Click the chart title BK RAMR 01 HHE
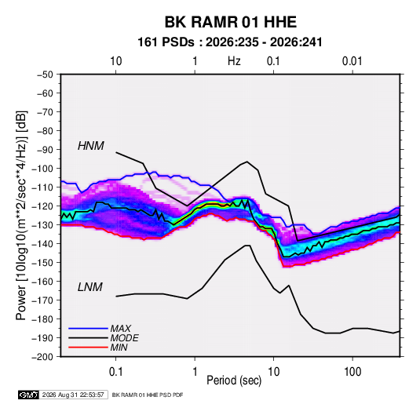click(230, 22)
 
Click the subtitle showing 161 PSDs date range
click(230, 42)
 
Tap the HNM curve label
click(91, 146)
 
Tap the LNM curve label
click(90, 287)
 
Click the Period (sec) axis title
click(234, 380)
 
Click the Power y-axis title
click(21, 216)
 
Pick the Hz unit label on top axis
click(234, 61)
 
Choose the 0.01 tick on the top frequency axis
click(352, 61)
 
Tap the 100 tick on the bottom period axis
click(352, 372)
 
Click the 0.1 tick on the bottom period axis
click(115, 372)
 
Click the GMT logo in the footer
click(29, 395)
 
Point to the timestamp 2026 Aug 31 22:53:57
click(73, 395)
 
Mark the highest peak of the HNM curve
click(116, 152)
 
